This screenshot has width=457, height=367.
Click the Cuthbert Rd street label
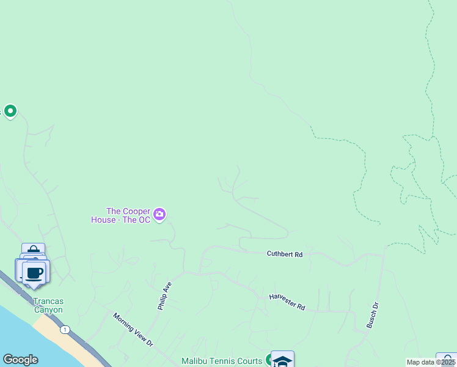click(285, 254)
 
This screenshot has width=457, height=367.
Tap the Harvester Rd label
click(287, 302)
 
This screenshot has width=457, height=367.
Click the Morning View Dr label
click(133, 330)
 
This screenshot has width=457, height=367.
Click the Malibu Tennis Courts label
click(222, 361)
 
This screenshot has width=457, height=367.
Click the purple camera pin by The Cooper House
click(159, 213)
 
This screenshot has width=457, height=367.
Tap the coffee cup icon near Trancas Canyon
click(35, 272)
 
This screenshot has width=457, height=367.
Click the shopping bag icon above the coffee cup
click(33, 250)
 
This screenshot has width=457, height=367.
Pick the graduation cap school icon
click(282, 360)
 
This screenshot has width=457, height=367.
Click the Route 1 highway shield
click(65, 330)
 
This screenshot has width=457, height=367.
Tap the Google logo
click(20, 360)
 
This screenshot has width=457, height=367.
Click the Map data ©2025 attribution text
click(431, 362)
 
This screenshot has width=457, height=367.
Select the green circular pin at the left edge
click(10, 111)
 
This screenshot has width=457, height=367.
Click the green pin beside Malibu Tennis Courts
click(269, 360)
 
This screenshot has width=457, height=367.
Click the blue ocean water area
click(24, 333)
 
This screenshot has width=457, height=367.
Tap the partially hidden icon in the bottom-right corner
click(447, 360)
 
